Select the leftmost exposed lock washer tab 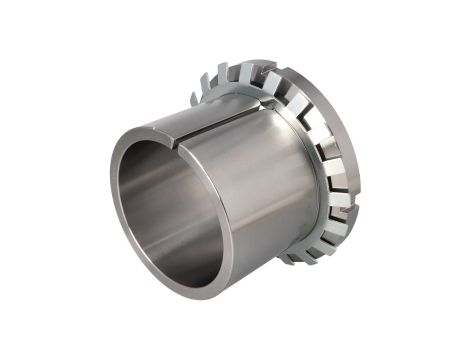197,93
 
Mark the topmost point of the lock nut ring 270,65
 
